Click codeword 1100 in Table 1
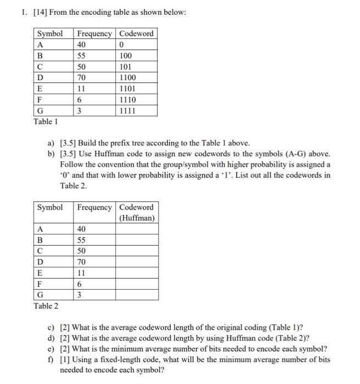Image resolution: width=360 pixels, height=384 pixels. (128, 78)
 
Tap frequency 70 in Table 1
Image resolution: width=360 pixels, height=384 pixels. (82, 78)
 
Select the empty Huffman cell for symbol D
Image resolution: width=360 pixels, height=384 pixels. (137, 262)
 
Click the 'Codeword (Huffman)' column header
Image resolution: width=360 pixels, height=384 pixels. (137, 212)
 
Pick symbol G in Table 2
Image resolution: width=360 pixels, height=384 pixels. (41, 295)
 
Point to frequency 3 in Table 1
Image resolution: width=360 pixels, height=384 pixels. (80, 111)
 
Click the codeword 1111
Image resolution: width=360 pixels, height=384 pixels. (128, 111)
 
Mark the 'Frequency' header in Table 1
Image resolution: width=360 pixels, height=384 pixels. (94, 34)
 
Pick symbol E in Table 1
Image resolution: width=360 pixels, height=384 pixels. (40, 89)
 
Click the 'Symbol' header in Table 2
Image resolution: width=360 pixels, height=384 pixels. (49, 207)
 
